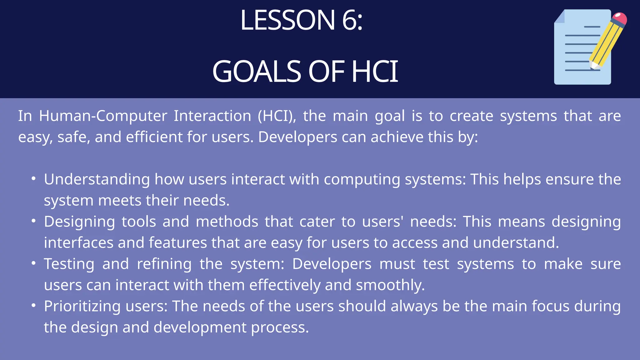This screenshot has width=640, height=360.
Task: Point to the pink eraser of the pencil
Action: pyautogui.click(x=619, y=18)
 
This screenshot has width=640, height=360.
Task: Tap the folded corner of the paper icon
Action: pyautogui.click(x=560, y=17)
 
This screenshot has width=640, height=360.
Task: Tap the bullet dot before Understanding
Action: pyautogui.click(x=34, y=179)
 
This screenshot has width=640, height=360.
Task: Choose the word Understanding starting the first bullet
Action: pyautogui.click(x=97, y=180)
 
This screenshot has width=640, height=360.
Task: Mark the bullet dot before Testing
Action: pyautogui.click(x=34, y=263)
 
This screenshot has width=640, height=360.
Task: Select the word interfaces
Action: pyautogui.click(x=78, y=242)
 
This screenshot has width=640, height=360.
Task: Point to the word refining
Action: pyautogui.click(x=164, y=264)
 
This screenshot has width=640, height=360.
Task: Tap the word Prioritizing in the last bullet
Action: pyautogui.click(x=82, y=306)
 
